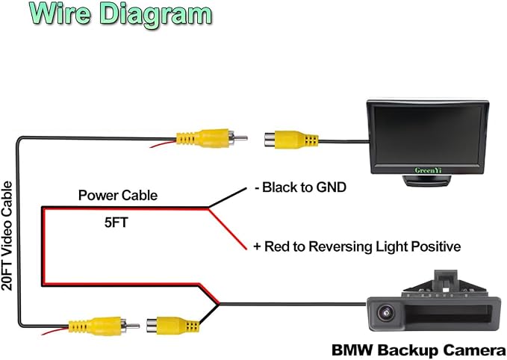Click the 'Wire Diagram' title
click(x=121, y=14)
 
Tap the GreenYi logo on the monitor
click(x=428, y=170)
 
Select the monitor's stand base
click(x=427, y=181)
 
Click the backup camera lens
click(x=386, y=313)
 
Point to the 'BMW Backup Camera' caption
click(x=419, y=350)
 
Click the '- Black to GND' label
click(x=300, y=187)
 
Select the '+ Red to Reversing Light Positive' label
click(x=357, y=246)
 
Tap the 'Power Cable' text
click(x=118, y=196)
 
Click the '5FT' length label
click(x=116, y=223)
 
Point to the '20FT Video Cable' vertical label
click(x=7, y=236)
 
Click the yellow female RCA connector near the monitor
click(x=291, y=140)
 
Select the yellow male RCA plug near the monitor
click(x=212, y=138)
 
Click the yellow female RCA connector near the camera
click(x=172, y=326)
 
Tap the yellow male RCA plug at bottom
click(x=104, y=326)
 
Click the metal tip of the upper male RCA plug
click(x=241, y=138)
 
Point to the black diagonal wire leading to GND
click(x=227, y=197)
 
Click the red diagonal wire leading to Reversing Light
click(x=227, y=229)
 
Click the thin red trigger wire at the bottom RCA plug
click(x=55, y=331)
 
